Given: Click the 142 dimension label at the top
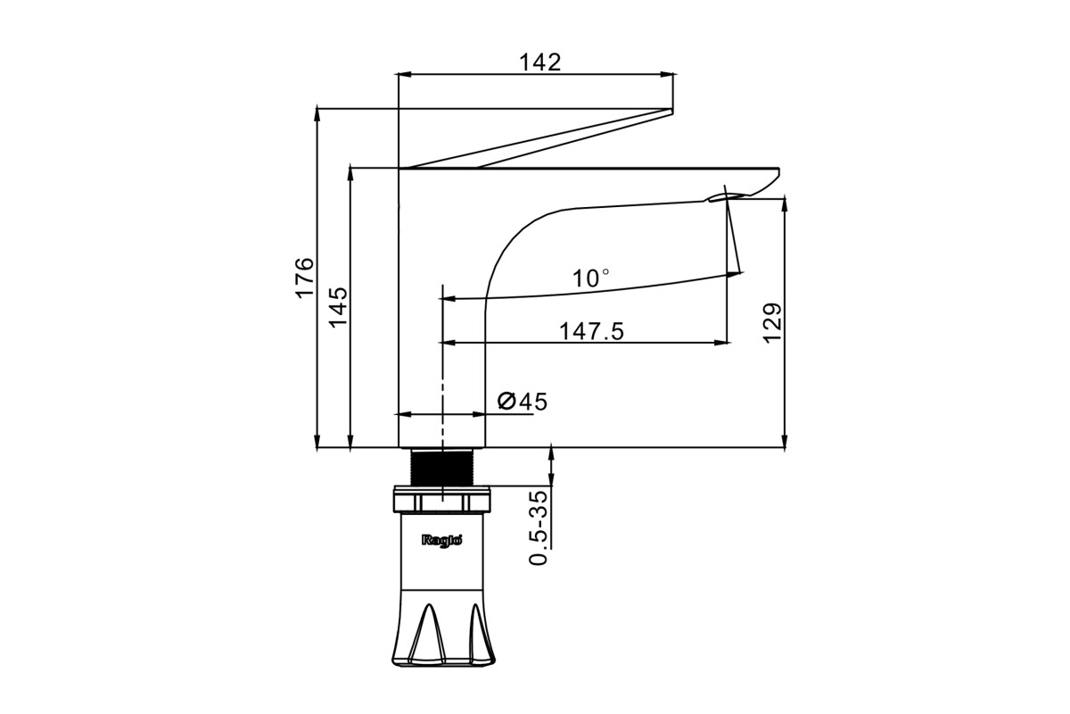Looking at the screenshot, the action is click(x=539, y=62).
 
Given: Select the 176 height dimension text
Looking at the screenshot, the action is click(x=304, y=278).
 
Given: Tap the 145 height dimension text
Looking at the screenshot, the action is click(x=338, y=307).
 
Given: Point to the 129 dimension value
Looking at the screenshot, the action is click(x=772, y=323).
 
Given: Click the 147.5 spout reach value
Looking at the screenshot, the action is click(x=591, y=331).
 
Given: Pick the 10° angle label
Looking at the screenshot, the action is click(x=591, y=278).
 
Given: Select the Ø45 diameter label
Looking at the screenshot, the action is click(x=523, y=402).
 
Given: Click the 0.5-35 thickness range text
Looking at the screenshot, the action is click(x=539, y=527).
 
